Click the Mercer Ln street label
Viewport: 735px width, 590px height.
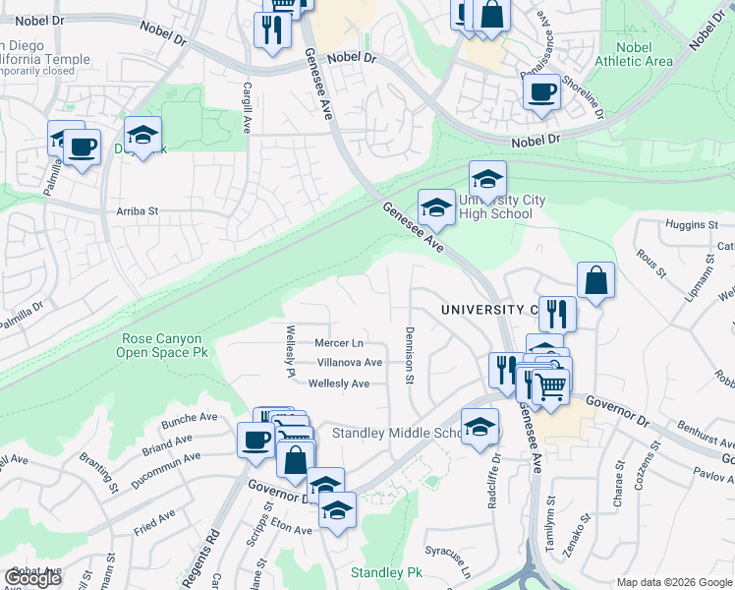tap(339, 343)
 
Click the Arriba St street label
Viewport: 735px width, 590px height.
tap(138, 211)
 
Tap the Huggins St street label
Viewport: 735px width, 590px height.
tap(685, 225)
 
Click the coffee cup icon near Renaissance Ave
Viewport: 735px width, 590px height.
tap(541, 93)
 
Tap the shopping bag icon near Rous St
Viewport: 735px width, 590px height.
tap(595, 281)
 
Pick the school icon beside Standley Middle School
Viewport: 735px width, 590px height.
tap(480, 428)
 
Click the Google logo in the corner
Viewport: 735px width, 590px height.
tap(32, 578)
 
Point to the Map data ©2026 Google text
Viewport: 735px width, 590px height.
tap(674, 582)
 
